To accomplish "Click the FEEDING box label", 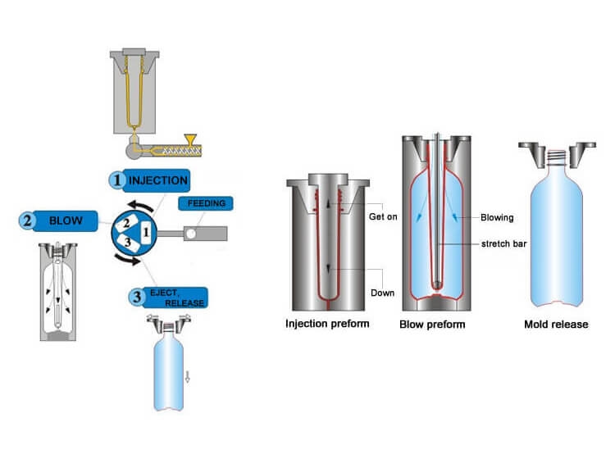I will pyautogui.click(x=205, y=202).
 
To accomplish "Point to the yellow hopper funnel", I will pyautogui.click(x=193, y=140).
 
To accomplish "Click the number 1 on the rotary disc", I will pyautogui.click(x=146, y=233).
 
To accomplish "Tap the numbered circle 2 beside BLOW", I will pyautogui.click(x=27, y=220).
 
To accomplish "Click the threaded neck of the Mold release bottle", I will pyautogui.click(x=556, y=152).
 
